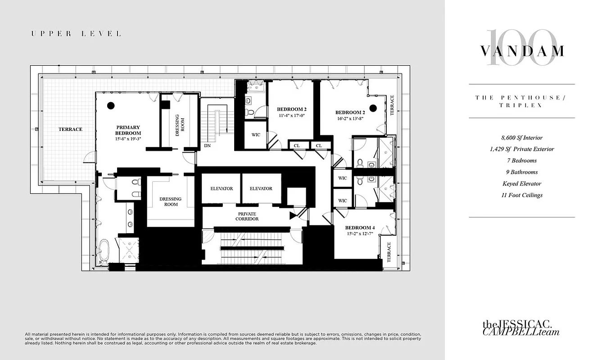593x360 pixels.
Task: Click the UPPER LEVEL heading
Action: (x=76, y=34)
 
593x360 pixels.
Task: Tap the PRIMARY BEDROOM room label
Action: (x=128, y=130)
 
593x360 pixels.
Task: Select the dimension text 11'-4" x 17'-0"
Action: (x=292, y=116)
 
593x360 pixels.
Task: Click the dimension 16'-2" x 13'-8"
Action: (x=350, y=119)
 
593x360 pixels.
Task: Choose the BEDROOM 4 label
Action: (x=360, y=228)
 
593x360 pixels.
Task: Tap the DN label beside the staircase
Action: (x=207, y=146)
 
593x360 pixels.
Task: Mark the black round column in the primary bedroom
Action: (x=110, y=106)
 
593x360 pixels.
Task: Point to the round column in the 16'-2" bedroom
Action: (x=373, y=108)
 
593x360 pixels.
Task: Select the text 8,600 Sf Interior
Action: (x=521, y=138)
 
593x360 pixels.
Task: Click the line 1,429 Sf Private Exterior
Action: (x=521, y=149)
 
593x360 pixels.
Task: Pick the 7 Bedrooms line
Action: (x=521, y=161)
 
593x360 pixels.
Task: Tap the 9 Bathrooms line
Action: (x=521, y=172)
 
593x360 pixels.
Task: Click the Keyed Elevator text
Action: (x=521, y=184)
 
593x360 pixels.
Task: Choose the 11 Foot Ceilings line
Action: (x=521, y=195)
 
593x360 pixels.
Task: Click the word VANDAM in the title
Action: (x=521, y=51)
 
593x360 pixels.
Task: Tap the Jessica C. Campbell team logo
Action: (x=521, y=328)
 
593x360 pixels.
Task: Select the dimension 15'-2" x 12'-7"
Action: (x=360, y=234)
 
